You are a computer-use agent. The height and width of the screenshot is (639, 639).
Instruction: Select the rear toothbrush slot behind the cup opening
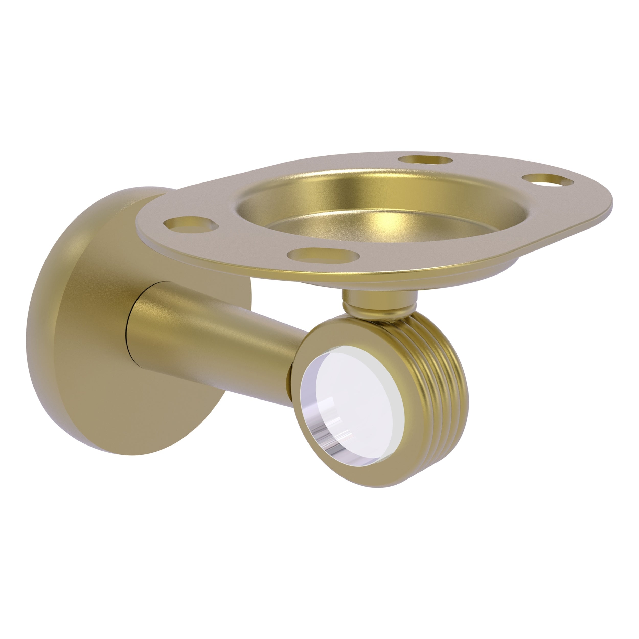425,160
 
